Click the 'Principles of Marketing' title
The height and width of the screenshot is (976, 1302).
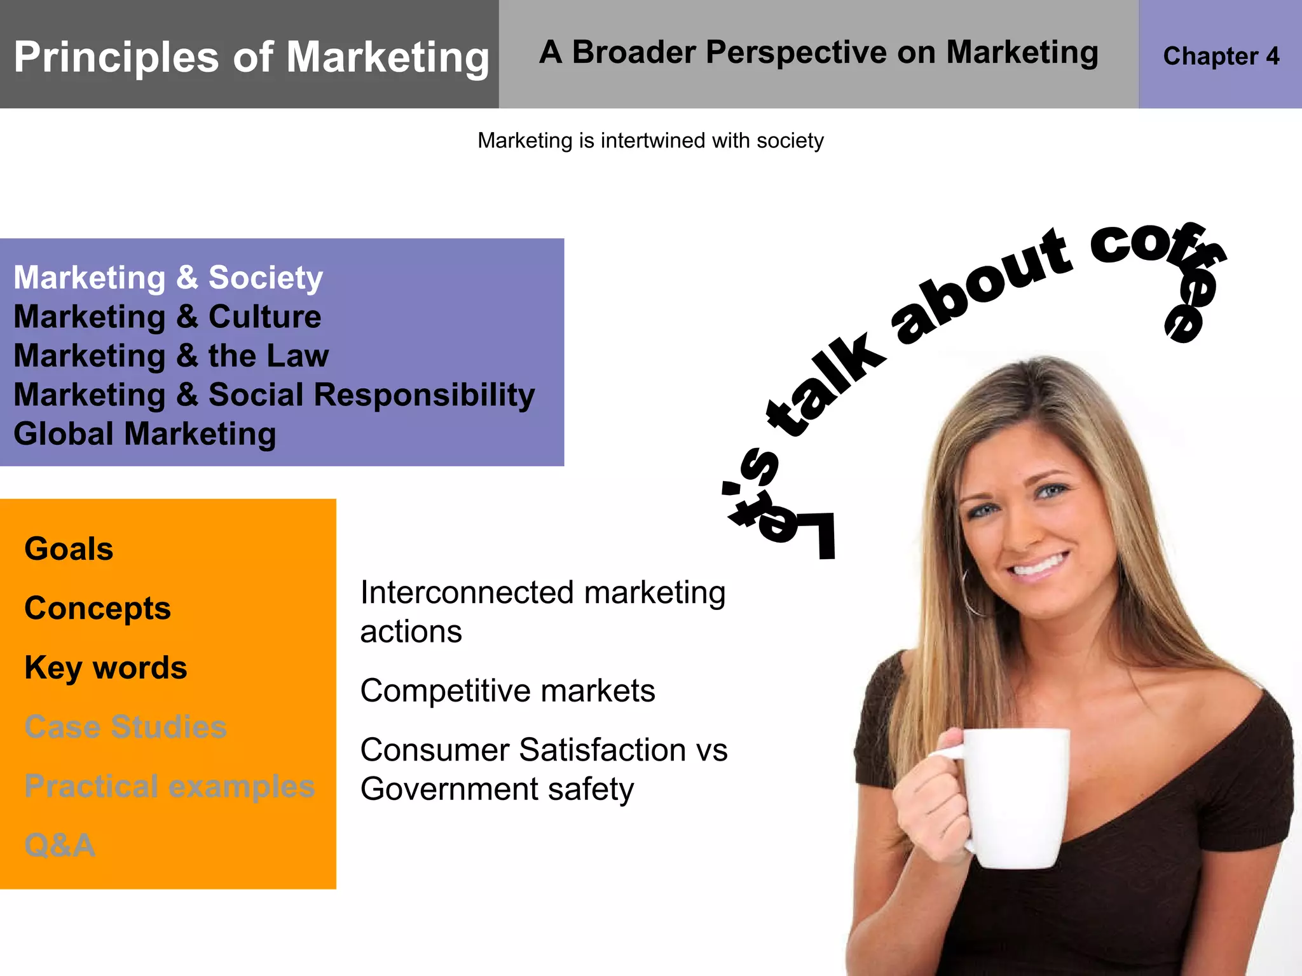pos(252,57)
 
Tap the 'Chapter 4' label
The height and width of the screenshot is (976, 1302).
pos(1221,57)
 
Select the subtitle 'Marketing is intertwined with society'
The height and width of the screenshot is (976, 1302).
pos(650,140)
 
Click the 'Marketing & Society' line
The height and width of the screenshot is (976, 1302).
pos(168,278)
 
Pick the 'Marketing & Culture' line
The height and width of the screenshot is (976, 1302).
pos(167,316)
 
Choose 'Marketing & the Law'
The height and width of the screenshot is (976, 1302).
pos(171,356)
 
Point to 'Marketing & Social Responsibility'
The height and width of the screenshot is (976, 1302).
pos(274,395)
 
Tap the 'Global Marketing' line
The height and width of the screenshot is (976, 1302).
pos(145,434)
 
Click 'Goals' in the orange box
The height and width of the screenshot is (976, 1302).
pos(69,549)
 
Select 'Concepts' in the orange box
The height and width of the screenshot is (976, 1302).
pos(97,608)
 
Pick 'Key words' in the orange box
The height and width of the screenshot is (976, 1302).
pos(106,668)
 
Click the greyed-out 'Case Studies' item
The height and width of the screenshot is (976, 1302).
pos(125,727)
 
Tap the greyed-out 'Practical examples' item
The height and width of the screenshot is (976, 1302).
pos(169,786)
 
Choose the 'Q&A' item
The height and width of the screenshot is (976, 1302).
pos(60,845)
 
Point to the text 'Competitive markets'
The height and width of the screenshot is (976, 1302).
pos(507,691)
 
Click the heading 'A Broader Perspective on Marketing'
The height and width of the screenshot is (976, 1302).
pos(818,53)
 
